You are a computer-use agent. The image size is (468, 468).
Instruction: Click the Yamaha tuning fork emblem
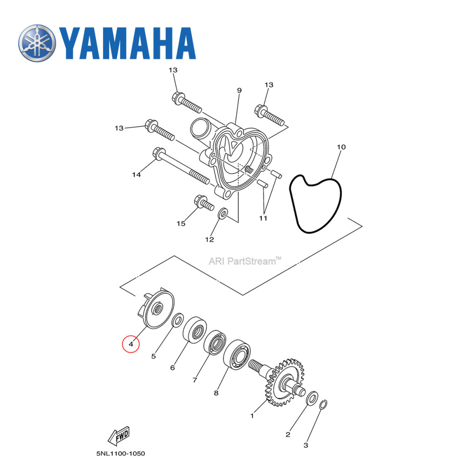(37, 44)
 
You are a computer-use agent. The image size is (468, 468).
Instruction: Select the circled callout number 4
(131, 345)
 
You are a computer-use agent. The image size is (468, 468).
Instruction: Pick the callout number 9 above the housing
(239, 90)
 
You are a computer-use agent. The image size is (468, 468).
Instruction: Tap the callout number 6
(172, 368)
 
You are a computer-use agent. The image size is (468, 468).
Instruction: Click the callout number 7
(195, 380)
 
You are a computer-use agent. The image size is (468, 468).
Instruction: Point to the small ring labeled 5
(178, 321)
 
